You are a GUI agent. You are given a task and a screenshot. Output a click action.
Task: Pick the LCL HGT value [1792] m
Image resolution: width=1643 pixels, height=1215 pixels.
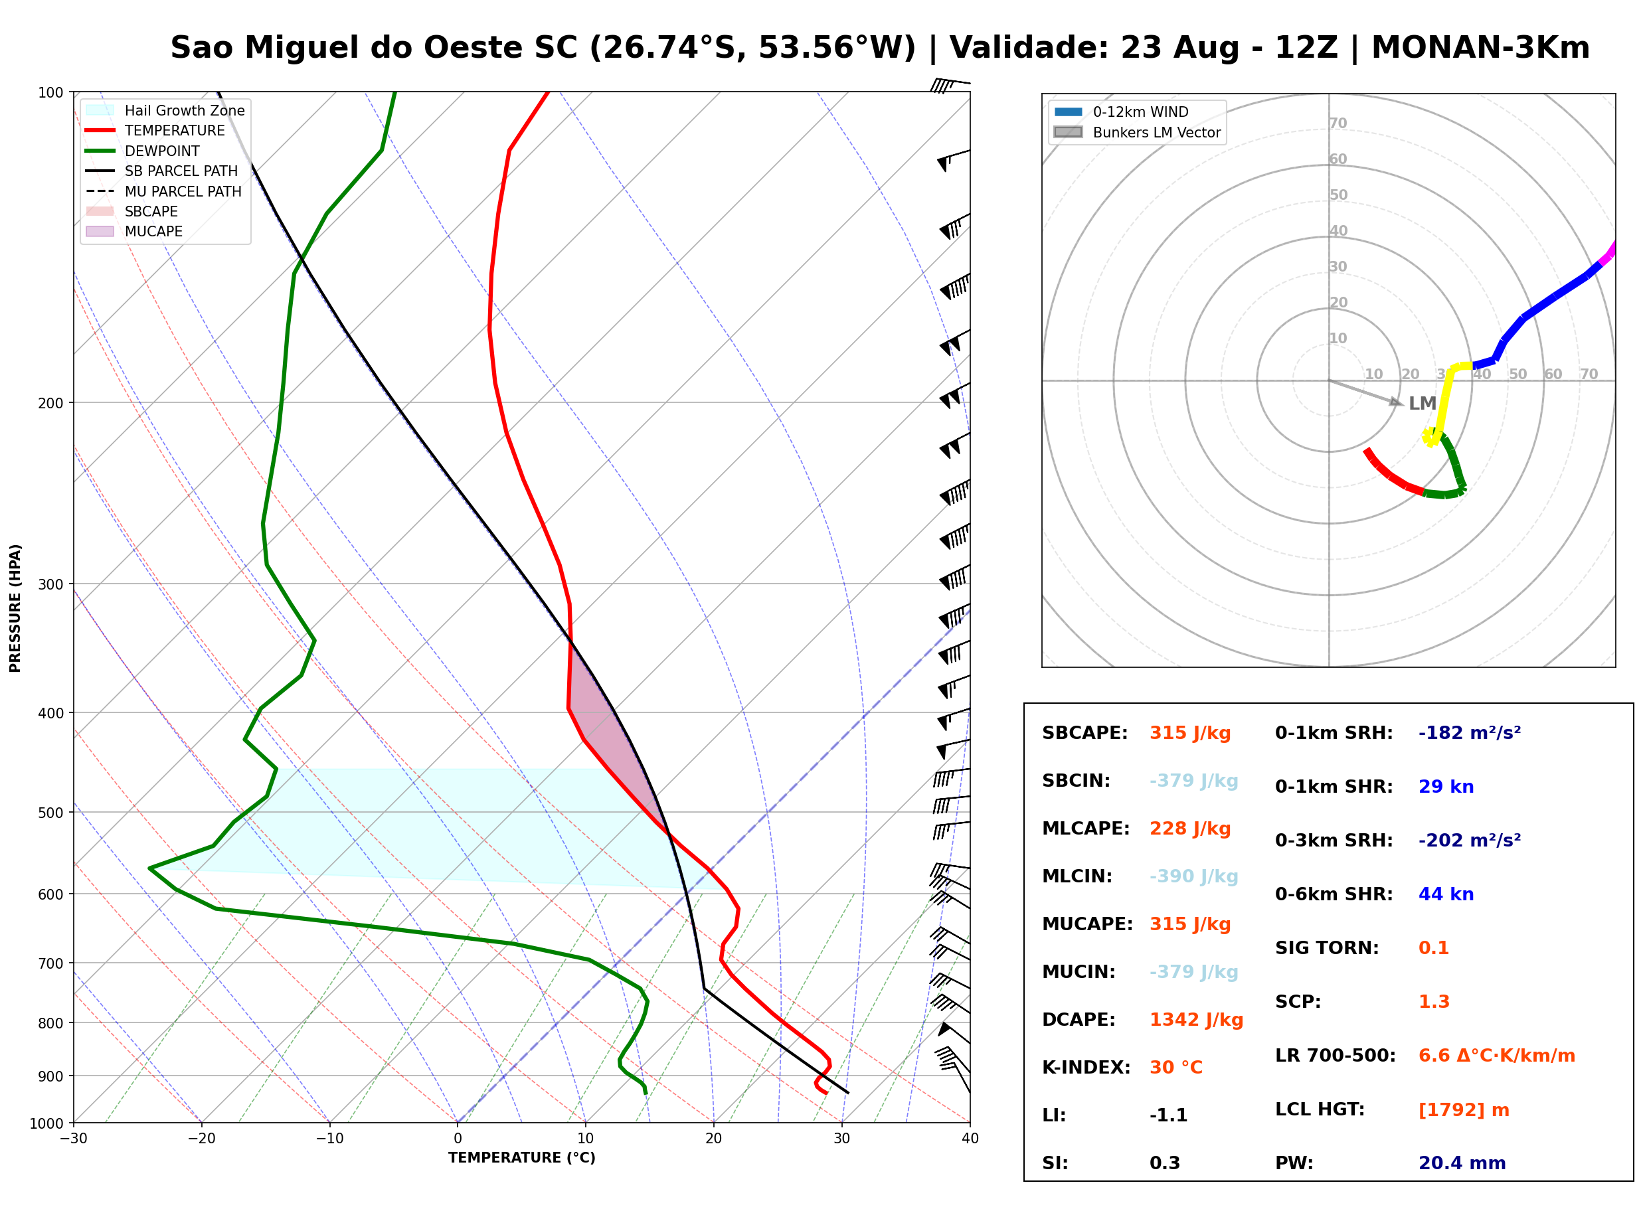pos(1463,1110)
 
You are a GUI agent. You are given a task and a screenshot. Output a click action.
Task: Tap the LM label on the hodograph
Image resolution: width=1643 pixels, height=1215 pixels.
pos(1422,403)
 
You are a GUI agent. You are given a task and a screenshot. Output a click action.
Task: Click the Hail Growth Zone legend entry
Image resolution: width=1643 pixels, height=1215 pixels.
pos(165,110)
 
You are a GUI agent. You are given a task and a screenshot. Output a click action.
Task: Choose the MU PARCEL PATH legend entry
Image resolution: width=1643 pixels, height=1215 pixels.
pos(163,191)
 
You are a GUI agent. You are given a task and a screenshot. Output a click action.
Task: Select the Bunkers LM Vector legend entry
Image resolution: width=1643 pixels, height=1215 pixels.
pos(1136,132)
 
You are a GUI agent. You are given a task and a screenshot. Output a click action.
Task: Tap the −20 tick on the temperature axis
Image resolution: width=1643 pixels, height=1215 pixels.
pos(201,1138)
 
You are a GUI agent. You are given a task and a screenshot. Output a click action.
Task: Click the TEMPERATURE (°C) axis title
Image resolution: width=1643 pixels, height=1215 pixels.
pos(521,1158)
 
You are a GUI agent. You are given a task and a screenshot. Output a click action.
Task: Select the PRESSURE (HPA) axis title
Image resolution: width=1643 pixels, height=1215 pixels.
pos(15,607)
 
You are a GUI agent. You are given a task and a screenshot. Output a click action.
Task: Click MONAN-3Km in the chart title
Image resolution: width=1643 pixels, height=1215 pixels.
pos(1480,48)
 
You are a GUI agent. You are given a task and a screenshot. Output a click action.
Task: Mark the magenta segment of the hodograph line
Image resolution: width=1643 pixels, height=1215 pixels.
pos(1608,253)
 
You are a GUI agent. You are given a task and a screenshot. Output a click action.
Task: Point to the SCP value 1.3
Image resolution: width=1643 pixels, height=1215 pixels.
pos(1433,1001)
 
